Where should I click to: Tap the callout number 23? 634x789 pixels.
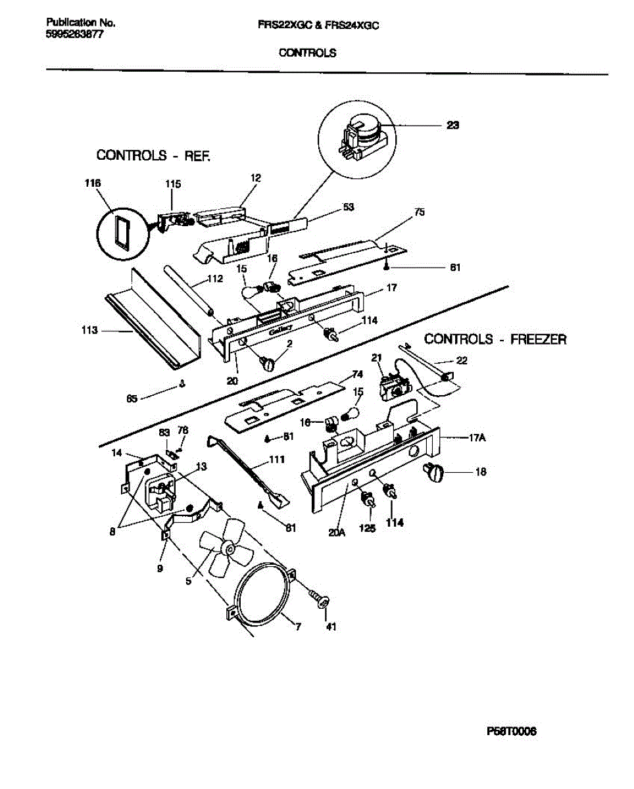[x=452, y=126]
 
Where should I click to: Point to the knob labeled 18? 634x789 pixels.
[x=435, y=471]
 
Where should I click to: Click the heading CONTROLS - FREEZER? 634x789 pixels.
[x=495, y=339]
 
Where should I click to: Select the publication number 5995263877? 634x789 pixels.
[x=74, y=35]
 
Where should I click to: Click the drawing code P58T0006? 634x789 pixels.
[x=512, y=731]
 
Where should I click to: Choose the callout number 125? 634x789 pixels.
[x=367, y=528]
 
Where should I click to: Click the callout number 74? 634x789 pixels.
[x=357, y=374]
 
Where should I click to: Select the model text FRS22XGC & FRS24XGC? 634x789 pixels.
[x=319, y=25]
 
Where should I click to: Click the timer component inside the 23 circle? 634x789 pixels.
[x=358, y=135]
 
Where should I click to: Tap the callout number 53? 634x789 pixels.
[x=349, y=207]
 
